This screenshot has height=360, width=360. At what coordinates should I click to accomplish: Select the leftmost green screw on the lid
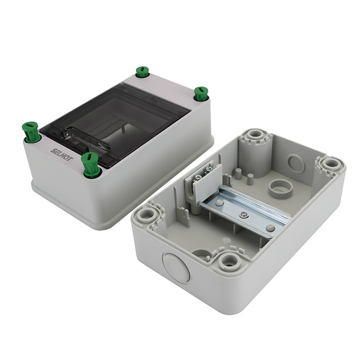pos(30,132)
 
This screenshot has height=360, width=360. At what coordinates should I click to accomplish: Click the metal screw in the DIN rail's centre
pos(243,214)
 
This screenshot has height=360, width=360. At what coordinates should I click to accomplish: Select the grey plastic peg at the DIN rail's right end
pos(269,228)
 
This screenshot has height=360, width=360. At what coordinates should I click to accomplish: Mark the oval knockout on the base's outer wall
pos(176,267)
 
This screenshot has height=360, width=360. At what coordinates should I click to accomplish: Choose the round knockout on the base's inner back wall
pos(296,164)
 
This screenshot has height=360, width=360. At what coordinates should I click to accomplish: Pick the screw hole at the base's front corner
pos(229,260)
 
